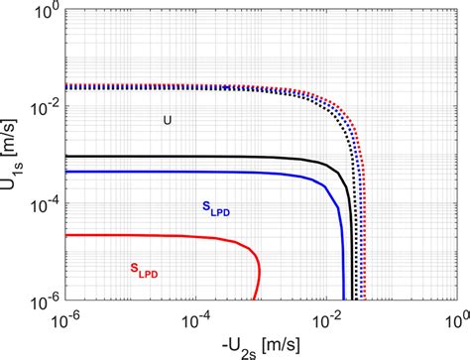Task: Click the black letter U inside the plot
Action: [x=168, y=120]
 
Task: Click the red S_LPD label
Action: [x=147, y=267]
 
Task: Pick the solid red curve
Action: [x=149, y=236]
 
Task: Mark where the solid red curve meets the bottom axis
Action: [x=256, y=298]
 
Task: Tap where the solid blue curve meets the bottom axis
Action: [x=344, y=298]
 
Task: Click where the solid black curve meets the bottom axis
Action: [x=353, y=298]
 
